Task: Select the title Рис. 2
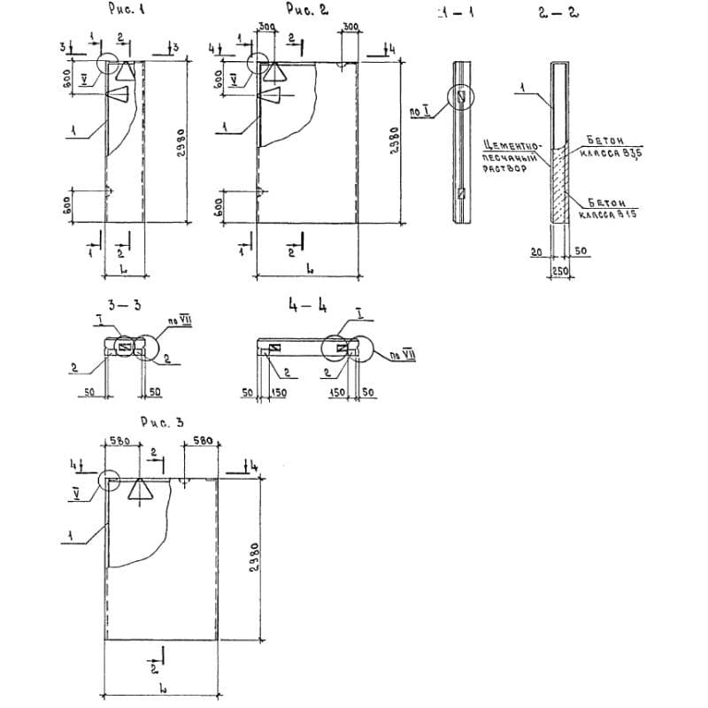point(307,10)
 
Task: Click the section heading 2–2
point(553,13)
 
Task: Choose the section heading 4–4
point(307,306)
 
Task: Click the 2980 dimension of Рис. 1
point(180,142)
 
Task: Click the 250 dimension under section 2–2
point(559,271)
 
